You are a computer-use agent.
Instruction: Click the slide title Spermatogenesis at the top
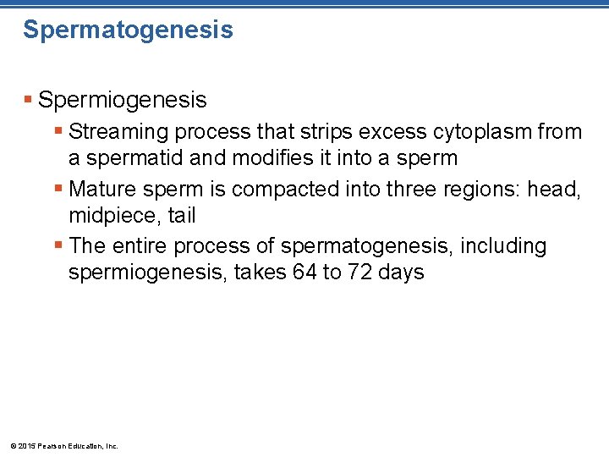(128, 30)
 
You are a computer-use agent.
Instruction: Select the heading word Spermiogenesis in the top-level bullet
(123, 100)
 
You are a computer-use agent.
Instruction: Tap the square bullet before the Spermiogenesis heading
(29, 100)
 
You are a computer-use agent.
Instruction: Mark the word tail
(181, 216)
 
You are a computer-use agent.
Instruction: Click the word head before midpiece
(554, 190)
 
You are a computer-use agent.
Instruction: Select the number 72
(359, 273)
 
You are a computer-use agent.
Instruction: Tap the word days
(402, 273)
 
